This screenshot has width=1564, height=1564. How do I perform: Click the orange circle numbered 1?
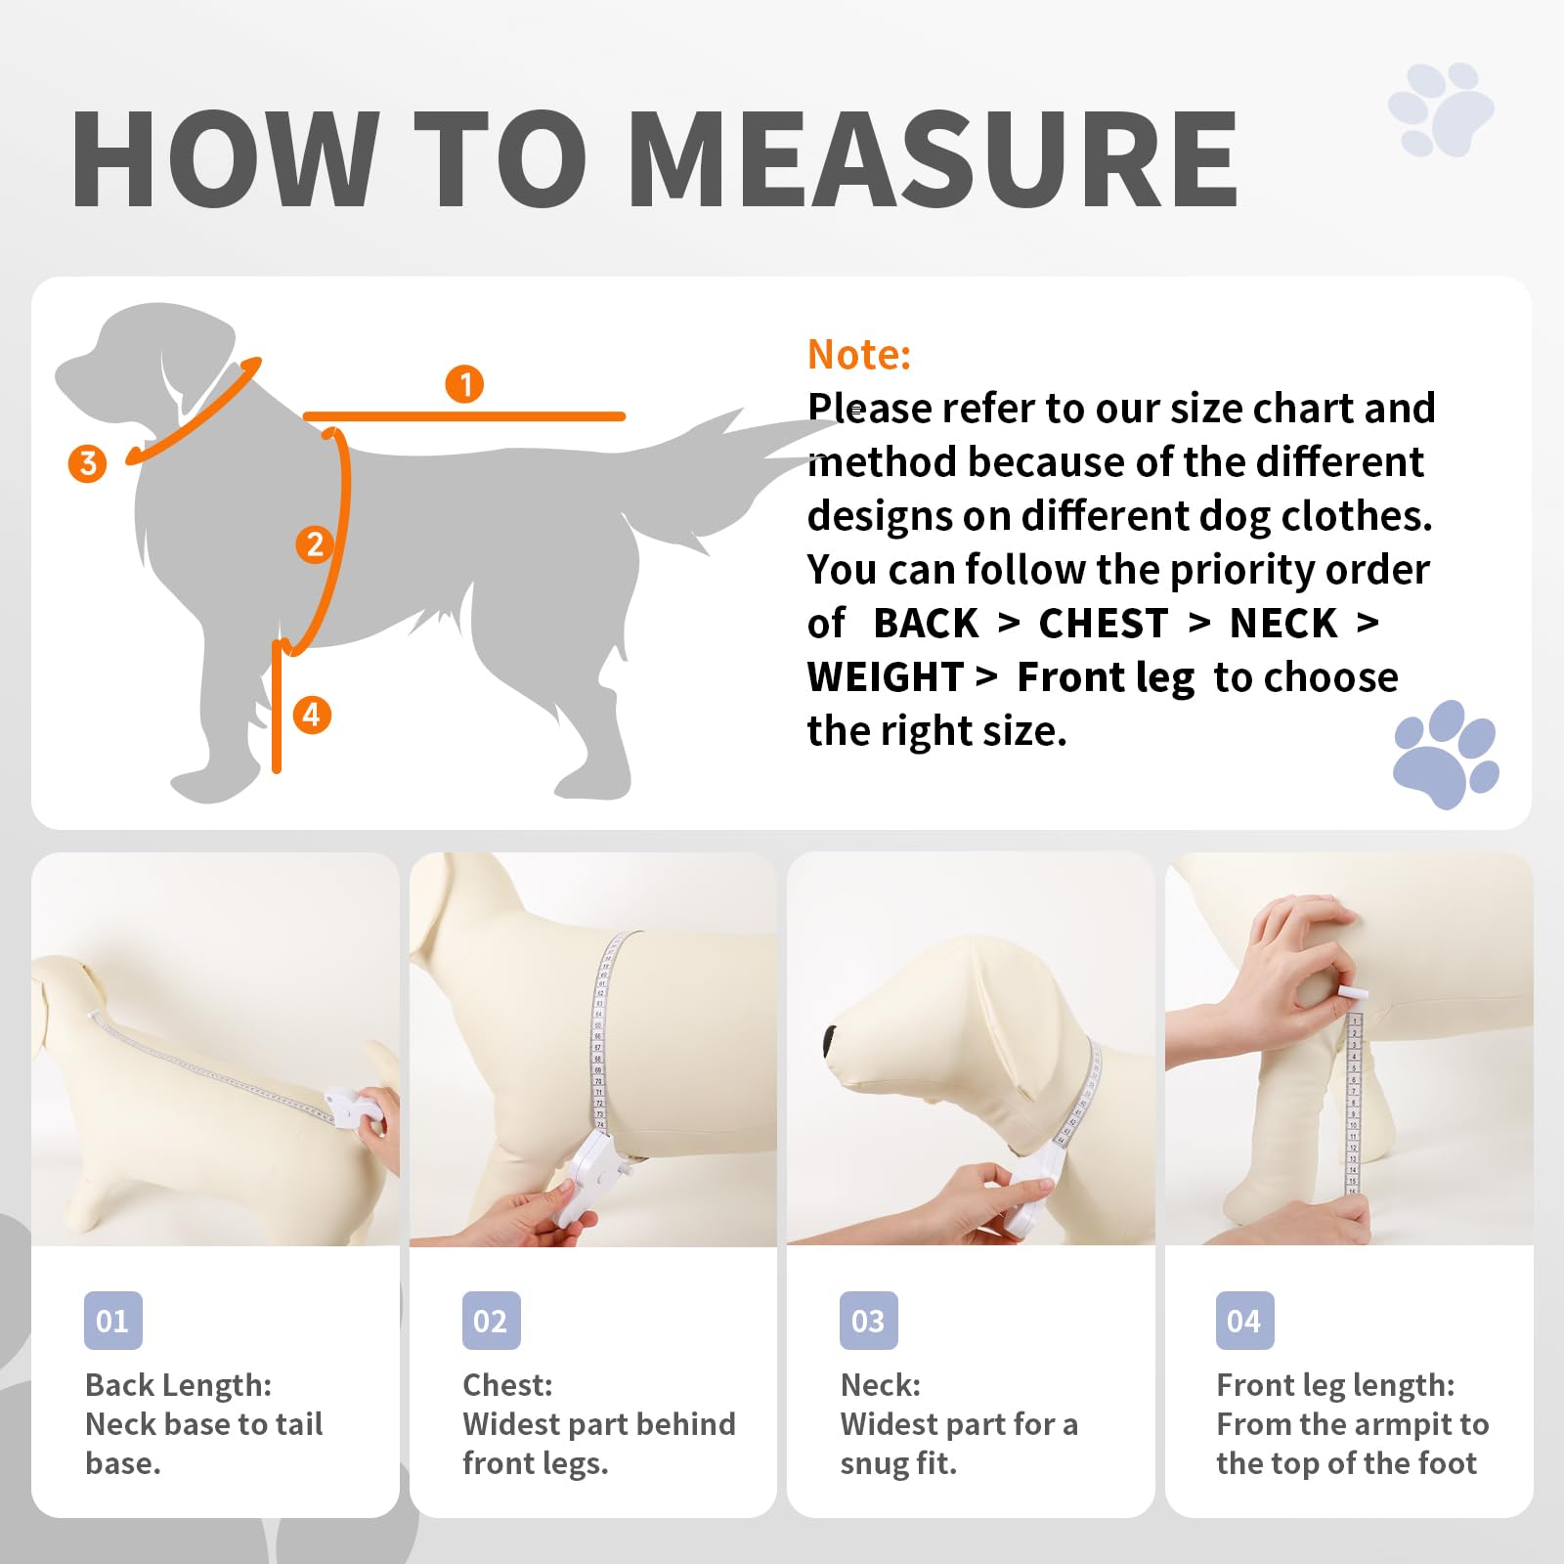pos(465,384)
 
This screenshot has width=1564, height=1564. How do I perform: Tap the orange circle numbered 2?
pos(315,544)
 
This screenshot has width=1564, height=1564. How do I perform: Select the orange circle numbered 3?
pos(87,463)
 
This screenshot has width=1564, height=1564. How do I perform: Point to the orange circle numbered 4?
pos(312,715)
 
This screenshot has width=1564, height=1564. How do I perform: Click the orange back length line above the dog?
pos(464,416)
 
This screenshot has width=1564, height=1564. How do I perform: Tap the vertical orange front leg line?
pos(277,707)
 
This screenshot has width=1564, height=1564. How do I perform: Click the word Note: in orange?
pos(859,355)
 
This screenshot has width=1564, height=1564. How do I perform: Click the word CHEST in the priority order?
pos(1104,624)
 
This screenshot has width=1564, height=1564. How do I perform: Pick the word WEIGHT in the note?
pos(886,677)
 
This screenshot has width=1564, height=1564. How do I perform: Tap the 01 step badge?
pos(113,1321)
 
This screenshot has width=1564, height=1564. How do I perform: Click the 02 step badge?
pos(491,1321)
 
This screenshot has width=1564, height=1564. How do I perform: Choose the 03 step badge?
pos(869,1321)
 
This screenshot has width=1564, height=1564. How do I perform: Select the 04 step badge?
pos(1244,1321)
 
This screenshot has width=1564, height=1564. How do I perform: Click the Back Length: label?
pos(178,1385)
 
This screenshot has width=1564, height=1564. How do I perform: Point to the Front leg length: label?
pos(1335,1386)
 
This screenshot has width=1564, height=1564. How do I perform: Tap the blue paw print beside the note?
pos(1446,754)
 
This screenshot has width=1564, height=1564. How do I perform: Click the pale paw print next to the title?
pos(1441,109)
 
